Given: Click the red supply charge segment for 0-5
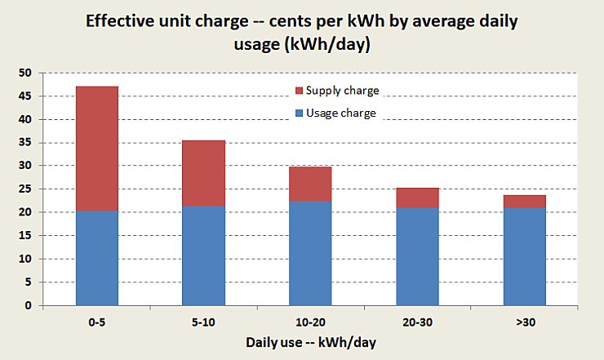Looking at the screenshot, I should [x=97, y=149].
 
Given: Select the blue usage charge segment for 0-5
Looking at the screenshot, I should [x=97, y=258].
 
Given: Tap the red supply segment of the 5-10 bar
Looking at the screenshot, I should [x=204, y=173].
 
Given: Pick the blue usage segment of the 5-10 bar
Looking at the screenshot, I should [x=204, y=256].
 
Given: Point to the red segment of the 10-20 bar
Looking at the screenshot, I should [x=311, y=184].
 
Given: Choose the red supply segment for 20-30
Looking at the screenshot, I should [x=418, y=198].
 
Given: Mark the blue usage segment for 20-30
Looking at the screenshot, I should [x=418, y=256].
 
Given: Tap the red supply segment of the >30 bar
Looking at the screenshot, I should [x=525, y=201].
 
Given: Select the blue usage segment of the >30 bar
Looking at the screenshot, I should [x=525, y=256].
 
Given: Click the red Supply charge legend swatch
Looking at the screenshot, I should [x=298, y=91].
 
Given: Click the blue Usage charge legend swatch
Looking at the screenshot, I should [x=298, y=113].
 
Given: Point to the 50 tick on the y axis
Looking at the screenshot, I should [x=26, y=73].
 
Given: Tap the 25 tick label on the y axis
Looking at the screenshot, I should [x=26, y=189].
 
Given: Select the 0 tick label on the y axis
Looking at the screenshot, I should [x=29, y=306].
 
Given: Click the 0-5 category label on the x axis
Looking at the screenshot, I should [x=97, y=322].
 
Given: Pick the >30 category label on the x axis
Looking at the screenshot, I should [x=525, y=322].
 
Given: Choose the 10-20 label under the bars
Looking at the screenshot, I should [x=311, y=322].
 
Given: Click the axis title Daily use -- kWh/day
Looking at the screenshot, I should [x=311, y=342].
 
